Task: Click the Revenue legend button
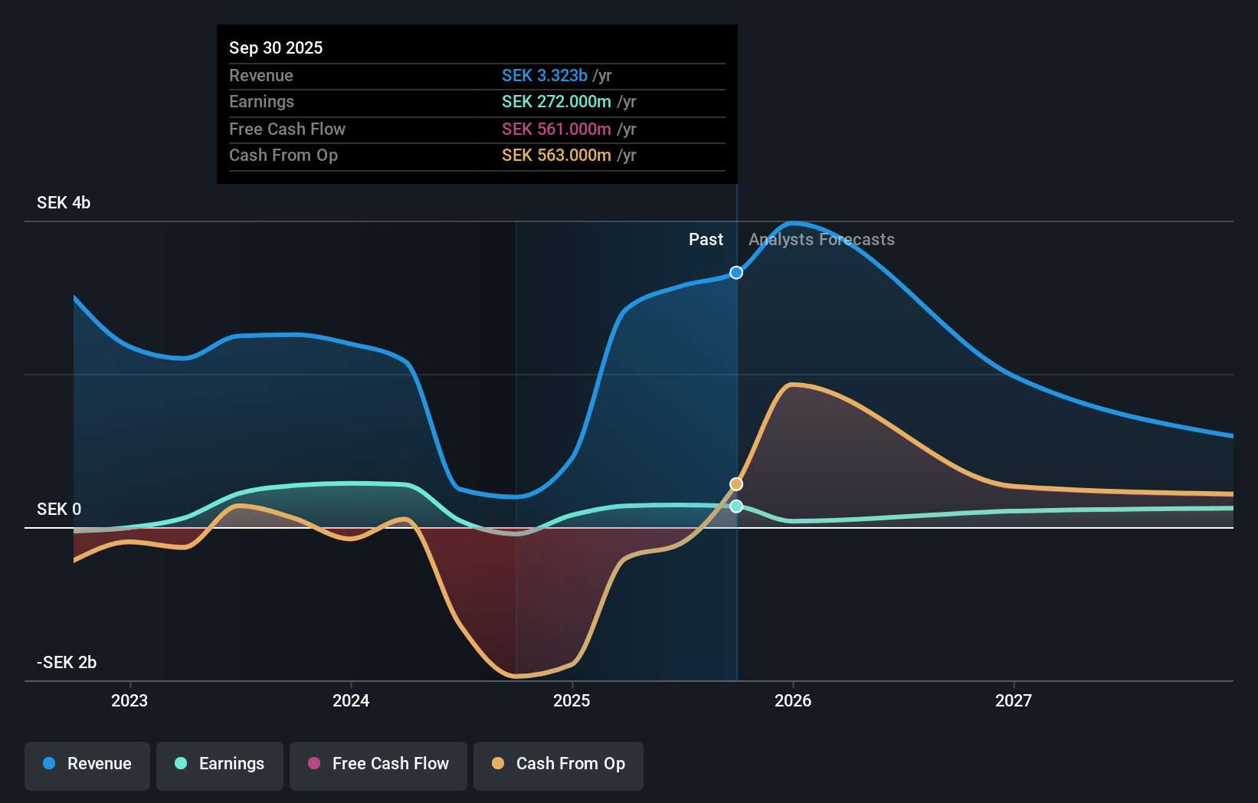point(87,764)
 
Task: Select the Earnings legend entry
point(220,764)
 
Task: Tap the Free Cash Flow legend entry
point(378,764)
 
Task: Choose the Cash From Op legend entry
point(559,764)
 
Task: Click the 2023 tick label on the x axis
point(129,700)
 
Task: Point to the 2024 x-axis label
point(351,700)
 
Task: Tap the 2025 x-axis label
point(572,700)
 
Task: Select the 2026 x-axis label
point(793,700)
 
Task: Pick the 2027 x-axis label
point(1014,700)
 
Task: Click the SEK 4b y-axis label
point(64,203)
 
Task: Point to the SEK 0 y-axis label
point(59,510)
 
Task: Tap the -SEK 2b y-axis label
point(67,663)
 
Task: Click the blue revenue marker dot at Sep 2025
point(736,273)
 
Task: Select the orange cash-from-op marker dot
point(736,484)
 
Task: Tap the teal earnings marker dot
point(736,506)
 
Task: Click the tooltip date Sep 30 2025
point(276,48)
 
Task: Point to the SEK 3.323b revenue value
point(545,76)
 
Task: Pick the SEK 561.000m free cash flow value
point(556,129)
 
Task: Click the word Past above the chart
point(706,240)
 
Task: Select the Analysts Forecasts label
point(821,240)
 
